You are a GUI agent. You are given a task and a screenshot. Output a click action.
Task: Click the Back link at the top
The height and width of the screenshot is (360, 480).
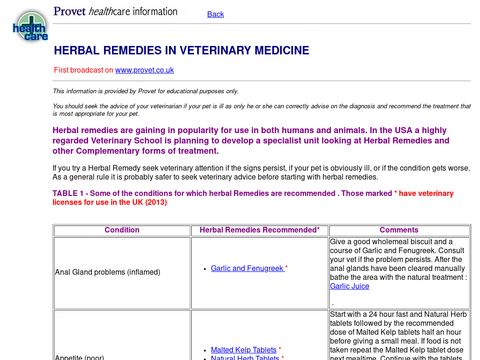point(215,14)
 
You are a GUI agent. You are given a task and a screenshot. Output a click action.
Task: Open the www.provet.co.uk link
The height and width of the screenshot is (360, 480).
point(145,70)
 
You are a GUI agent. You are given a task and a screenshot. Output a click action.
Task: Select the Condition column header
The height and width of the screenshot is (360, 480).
point(122,230)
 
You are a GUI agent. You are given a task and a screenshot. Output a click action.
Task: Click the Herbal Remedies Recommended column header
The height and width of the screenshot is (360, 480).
point(259,230)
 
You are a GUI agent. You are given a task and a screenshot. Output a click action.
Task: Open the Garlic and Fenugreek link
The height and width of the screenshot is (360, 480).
point(247,268)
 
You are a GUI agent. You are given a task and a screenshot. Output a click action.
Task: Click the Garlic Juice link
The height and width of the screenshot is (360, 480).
point(349,286)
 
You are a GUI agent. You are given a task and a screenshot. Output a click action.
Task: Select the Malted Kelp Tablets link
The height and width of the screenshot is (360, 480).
point(244,350)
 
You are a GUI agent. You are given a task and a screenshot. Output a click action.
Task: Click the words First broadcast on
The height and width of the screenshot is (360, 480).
point(83,70)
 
